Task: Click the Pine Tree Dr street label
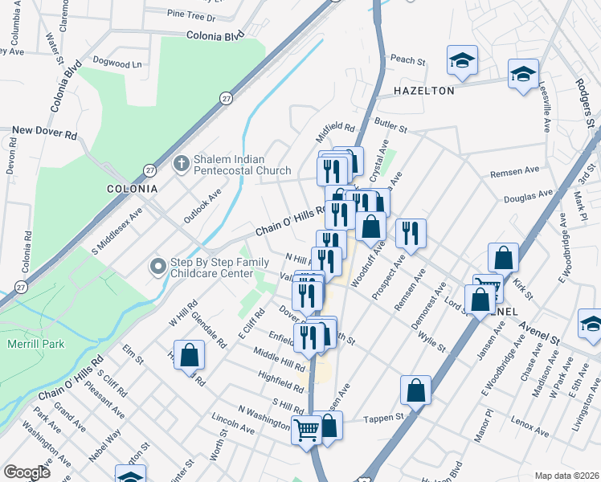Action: pyautogui.click(x=192, y=16)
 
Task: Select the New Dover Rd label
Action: pyautogui.click(x=44, y=129)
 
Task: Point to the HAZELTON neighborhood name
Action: pyautogui.click(x=423, y=91)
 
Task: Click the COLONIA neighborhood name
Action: pyautogui.click(x=133, y=188)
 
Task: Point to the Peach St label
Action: pyautogui.click(x=407, y=59)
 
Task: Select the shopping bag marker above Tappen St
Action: pyautogui.click(x=416, y=390)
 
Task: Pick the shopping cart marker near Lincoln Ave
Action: pyautogui.click(x=305, y=430)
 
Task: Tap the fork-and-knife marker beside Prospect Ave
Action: pyautogui.click(x=411, y=233)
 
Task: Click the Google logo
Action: pyautogui.click(x=27, y=472)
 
